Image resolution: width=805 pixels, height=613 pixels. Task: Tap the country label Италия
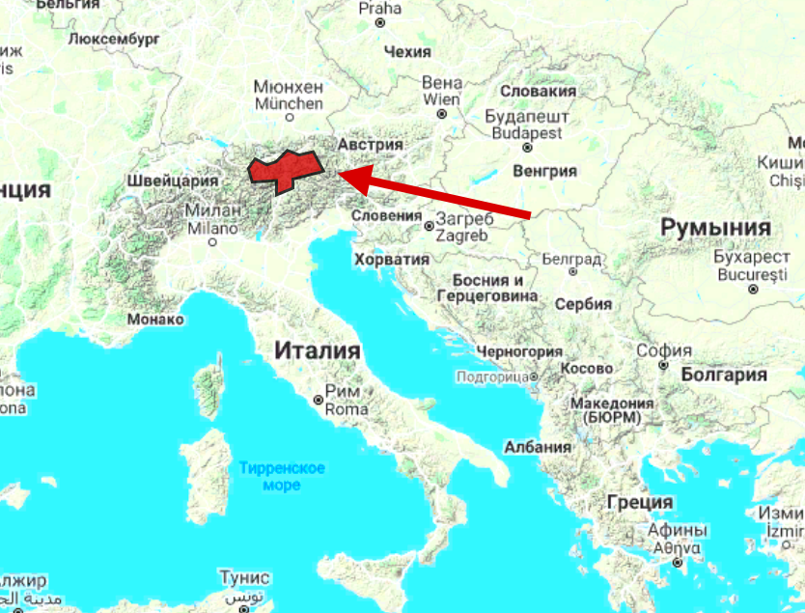(317, 350)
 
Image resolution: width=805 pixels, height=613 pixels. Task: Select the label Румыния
(715, 228)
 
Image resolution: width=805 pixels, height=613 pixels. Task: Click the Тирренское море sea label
(281, 477)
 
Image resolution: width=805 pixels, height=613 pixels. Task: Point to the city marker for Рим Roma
(319, 400)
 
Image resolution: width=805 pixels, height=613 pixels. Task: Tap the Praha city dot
(379, 21)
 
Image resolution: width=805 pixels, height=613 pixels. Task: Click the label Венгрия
(546, 171)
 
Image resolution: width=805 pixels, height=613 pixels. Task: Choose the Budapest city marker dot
(527, 148)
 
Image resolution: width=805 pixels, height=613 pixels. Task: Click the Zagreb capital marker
(429, 226)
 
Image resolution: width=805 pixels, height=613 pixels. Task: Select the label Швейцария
(173, 181)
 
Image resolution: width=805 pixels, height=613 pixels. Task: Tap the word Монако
(154, 319)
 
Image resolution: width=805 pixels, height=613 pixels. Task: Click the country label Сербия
(584, 304)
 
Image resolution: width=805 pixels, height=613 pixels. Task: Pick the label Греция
(639, 502)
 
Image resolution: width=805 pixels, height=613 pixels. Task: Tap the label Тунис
(244, 577)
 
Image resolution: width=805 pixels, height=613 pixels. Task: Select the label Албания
(538, 447)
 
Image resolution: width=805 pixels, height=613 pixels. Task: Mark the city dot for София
(663, 365)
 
